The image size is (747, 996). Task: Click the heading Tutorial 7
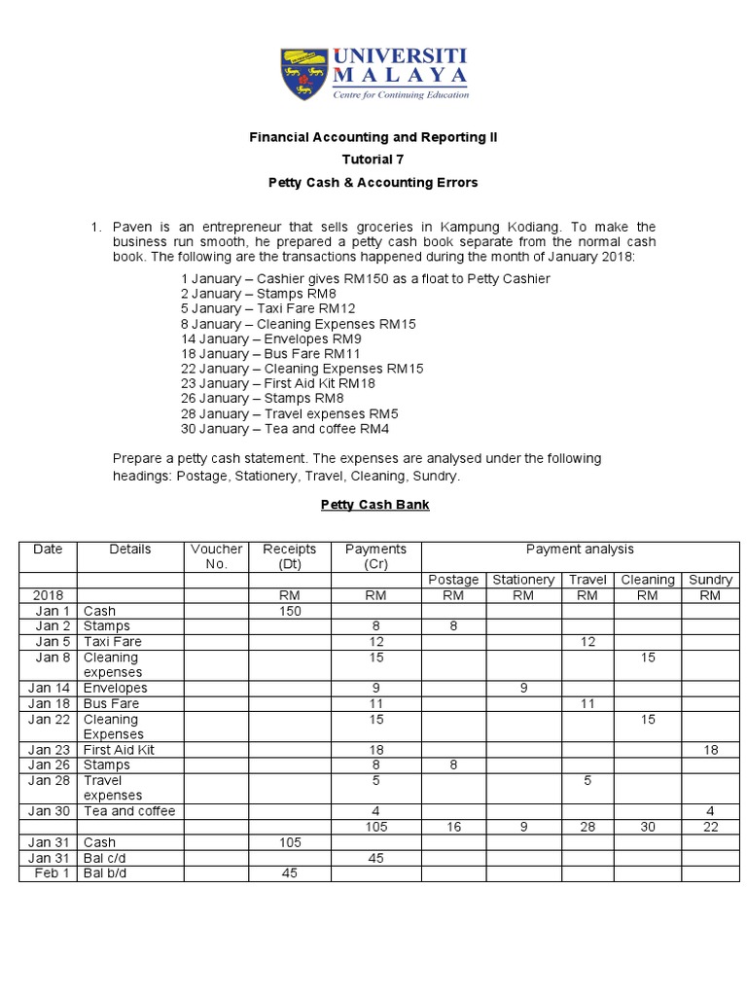click(373, 160)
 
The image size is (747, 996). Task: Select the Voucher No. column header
click(217, 556)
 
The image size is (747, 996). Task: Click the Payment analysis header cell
click(580, 550)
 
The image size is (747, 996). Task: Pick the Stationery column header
click(523, 580)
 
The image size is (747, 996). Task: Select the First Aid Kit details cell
click(120, 750)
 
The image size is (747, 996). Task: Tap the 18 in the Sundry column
click(710, 750)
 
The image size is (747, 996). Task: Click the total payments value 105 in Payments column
click(376, 827)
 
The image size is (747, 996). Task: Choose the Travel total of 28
click(587, 827)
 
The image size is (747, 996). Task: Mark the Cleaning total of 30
click(647, 827)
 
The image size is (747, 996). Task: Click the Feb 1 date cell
click(48, 873)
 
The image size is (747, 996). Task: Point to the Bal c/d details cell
click(105, 858)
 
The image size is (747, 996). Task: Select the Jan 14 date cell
click(48, 688)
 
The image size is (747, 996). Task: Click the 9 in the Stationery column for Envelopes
click(523, 688)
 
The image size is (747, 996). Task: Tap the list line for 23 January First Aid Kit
click(277, 384)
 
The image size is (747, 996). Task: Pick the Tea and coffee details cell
click(129, 811)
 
